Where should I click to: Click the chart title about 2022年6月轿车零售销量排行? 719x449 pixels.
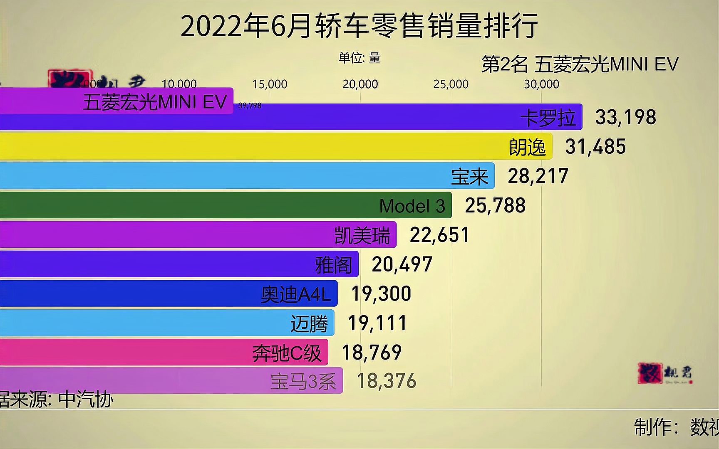pyautogui.click(x=359, y=26)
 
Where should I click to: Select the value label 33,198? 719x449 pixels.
pyautogui.click(x=625, y=117)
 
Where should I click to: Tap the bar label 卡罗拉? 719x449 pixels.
pyautogui.click(x=548, y=118)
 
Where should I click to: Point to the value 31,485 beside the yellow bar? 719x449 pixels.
pyautogui.click(x=595, y=147)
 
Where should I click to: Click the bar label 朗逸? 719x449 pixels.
pyautogui.click(x=527, y=148)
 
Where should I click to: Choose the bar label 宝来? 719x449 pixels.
pyautogui.click(x=470, y=177)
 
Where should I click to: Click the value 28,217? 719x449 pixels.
pyautogui.click(x=538, y=176)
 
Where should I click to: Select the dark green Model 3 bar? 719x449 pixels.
pyautogui.click(x=225, y=205)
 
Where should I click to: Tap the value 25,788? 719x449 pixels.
pyautogui.click(x=495, y=205)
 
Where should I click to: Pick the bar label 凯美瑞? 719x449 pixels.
pyautogui.click(x=362, y=236)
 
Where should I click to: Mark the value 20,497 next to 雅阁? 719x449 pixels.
pyautogui.click(x=402, y=264)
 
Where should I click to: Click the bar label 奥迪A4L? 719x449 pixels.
pyautogui.click(x=295, y=294)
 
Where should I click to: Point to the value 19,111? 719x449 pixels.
pyautogui.click(x=377, y=323)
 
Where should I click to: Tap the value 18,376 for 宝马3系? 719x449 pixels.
pyautogui.click(x=386, y=381)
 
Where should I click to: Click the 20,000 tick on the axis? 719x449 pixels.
pyautogui.click(x=360, y=84)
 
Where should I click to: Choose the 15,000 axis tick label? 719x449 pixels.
pyautogui.click(x=270, y=84)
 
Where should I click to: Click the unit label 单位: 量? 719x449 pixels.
pyautogui.click(x=359, y=58)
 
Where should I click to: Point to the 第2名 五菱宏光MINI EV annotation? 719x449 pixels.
pyautogui.click(x=580, y=64)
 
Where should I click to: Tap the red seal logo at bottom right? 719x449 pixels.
pyautogui.click(x=650, y=373)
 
